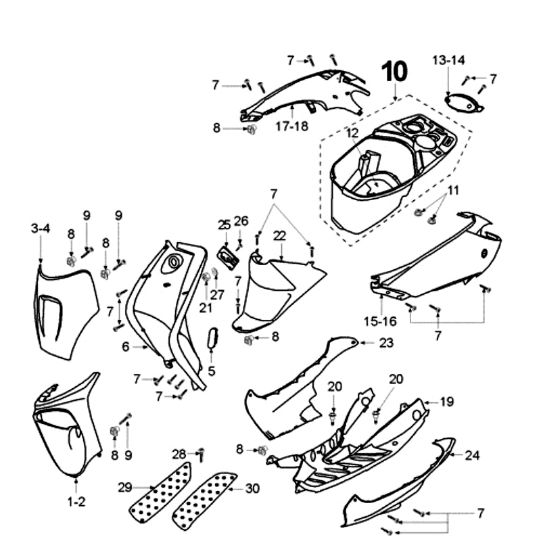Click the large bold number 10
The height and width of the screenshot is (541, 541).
395,71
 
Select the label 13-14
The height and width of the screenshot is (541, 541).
448,60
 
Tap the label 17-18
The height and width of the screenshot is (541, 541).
291,126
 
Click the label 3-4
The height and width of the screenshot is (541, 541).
41,229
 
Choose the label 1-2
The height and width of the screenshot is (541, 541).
76,502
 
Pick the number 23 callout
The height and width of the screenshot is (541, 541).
385,343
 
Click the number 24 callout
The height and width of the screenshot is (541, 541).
472,455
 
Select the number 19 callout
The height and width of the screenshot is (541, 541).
447,402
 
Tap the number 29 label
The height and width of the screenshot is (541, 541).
125,488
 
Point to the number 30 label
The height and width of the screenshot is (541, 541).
252,488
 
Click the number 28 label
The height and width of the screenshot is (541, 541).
179,453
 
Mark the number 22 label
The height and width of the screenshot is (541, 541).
279,235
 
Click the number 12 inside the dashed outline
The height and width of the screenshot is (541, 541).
352,133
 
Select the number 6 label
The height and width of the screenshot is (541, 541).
125,346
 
